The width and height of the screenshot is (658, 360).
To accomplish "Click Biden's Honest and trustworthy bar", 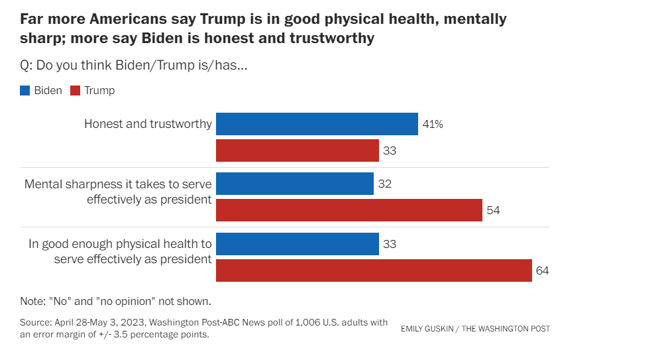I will point(317,124).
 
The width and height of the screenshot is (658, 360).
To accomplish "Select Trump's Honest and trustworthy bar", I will point(298,150).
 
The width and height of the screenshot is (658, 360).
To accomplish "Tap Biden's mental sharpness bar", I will point(295,184).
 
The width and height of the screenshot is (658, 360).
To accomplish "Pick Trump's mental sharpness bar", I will point(349,210).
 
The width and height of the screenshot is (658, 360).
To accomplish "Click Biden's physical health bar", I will point(298,244).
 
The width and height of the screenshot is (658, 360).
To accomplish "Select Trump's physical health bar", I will point(374,270).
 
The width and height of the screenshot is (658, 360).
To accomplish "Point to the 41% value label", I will point(433,124).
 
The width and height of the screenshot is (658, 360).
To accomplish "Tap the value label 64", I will point(543,270).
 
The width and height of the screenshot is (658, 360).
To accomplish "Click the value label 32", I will point(384,184).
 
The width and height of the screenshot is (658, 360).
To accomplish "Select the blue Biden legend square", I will point(25,91).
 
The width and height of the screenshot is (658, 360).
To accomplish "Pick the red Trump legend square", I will point(74,91).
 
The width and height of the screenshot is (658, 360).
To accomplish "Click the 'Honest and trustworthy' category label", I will point(148,124).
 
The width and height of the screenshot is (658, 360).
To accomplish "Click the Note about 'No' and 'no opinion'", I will point(115,300).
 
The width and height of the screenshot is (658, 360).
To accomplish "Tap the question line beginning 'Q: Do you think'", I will point(134,66).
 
